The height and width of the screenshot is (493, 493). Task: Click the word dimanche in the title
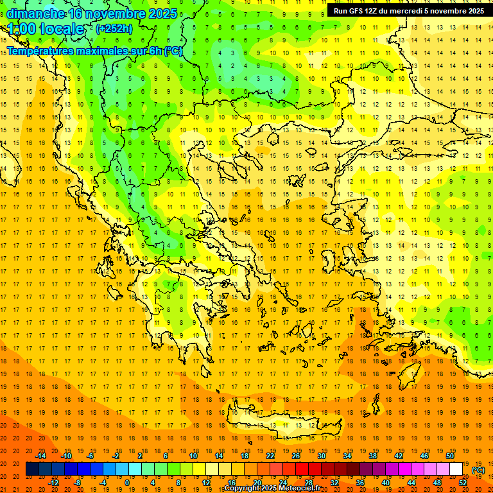[35, 13]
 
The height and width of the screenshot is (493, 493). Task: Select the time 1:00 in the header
[22, 29]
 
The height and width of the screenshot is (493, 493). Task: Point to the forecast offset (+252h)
[114, 29]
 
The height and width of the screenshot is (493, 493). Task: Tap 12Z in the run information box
[372, 11]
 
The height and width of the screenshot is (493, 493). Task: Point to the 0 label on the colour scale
[126, 482]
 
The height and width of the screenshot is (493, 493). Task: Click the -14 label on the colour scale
[41, 455]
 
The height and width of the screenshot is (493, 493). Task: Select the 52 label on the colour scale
[462, 482]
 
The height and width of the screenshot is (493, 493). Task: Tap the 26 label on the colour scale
[296, 455]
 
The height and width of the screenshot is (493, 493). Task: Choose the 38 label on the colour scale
[372, 455]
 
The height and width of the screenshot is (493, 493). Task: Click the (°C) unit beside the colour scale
[478, 470]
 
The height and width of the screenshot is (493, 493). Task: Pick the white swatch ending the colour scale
[456, 469]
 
